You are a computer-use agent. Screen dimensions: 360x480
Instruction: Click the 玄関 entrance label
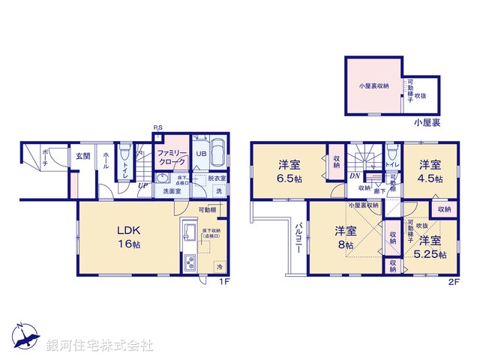[x=82, y=156]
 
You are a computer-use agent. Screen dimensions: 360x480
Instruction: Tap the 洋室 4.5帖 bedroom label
[x=430, y=170]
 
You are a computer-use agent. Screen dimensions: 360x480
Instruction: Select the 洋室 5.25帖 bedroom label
[x=431, y=247]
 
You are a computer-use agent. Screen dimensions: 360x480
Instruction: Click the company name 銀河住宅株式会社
[x=100, y=346]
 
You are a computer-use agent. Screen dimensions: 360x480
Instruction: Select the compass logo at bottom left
[x=24, y=337]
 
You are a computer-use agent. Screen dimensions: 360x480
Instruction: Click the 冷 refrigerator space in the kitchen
[x=220, y=267]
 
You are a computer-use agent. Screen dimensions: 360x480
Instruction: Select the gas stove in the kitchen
[x=189, y=263]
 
